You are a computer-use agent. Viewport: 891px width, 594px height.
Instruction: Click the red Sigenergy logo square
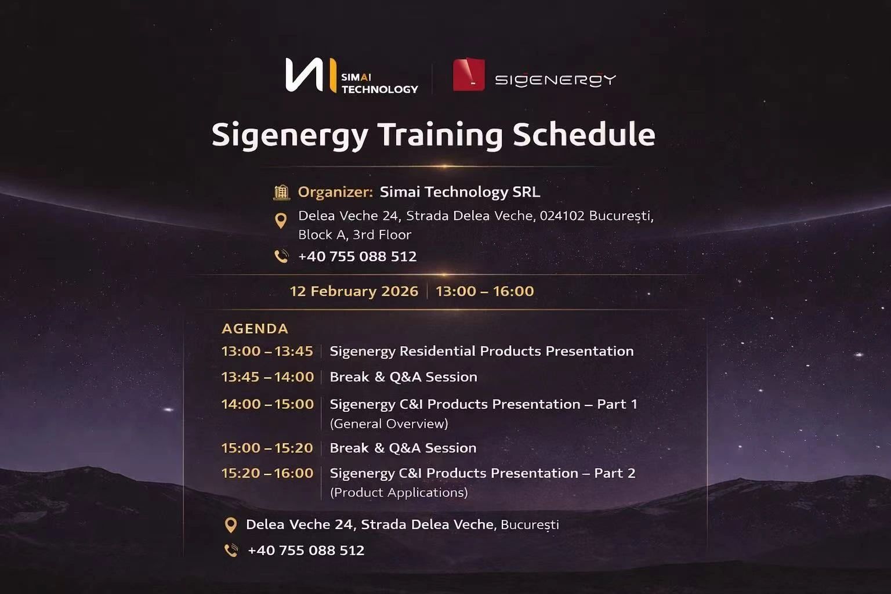click(x=469, y=75)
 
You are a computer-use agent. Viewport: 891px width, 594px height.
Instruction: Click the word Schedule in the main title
click(x=584, y=135)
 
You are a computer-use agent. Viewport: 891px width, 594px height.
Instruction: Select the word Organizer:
click(x=335, y=192)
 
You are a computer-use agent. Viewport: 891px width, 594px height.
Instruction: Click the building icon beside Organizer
click(x=281, y=192)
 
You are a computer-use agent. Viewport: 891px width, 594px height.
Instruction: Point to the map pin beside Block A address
click(x=281, y=221)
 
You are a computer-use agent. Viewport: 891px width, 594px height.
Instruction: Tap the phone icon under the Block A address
click(x=281, y=256)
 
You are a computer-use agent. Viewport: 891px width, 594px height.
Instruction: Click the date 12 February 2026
click(x=354, y=291)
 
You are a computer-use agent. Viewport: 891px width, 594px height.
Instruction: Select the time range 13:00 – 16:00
click(x=484, y=291)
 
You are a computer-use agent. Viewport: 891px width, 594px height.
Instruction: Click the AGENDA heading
click(x=255, y=329)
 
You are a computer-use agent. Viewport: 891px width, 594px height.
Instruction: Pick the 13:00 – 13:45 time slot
click(x=267, y=352)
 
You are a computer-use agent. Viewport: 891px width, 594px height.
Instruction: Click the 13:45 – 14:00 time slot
click(x=267, y=377)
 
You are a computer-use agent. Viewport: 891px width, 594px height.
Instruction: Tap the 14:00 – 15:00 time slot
click(x=267, y=404)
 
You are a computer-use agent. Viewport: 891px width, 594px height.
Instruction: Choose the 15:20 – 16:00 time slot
click(x=267, y=473)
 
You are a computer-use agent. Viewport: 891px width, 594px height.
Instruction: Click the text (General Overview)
click(x=389, y=424)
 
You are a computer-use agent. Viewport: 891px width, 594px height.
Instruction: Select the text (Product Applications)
click(x=399, y=492)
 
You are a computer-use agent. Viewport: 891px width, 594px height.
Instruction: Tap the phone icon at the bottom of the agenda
click(x=231, y=550)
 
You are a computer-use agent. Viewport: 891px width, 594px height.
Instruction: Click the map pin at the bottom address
click(x=231, y=526)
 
